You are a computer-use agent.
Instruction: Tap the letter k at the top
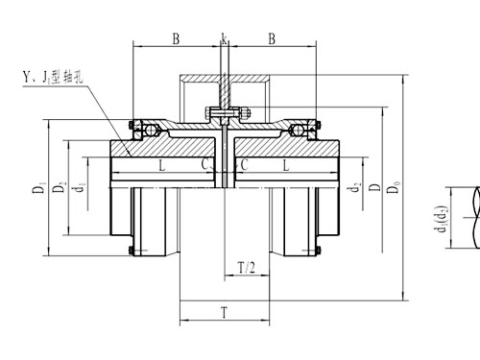(x=223, y=39)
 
